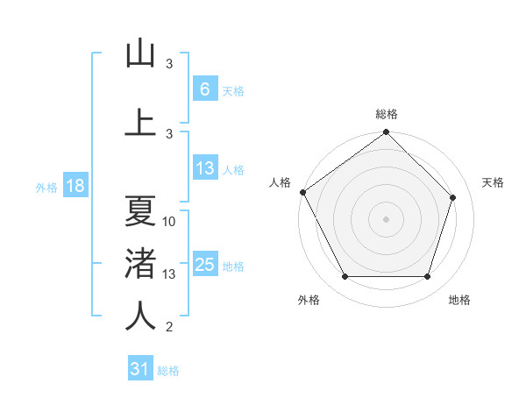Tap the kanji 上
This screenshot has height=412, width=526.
click(x=140, y=122)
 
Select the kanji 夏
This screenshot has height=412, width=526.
click(x=140, y=211)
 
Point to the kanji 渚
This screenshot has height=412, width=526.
click(x=140, y=264)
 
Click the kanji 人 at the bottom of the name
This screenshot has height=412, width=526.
click(x=140, y=316)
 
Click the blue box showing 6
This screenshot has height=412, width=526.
click(x=204, y=89)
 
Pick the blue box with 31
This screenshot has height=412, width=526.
click(x=140, y=369)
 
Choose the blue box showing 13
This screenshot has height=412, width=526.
click(x=204, y=168)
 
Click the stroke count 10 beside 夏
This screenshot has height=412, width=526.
click(x=169, y=222)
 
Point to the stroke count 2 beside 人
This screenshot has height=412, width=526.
click(x=169, y=327)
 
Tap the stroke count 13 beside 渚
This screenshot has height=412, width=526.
click(x=169, y=274)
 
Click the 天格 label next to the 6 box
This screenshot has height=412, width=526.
click(x=233, y=90)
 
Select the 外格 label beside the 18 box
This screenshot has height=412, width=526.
click(x=46, y=188)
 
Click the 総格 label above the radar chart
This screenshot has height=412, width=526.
click(x=387, y=115)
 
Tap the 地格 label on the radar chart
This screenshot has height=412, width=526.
click(x=459, y=300)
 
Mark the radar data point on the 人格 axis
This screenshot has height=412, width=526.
click(x=302, y=192)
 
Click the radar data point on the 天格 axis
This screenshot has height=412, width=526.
click(x=453, y=198)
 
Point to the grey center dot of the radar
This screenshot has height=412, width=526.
click(x=386, y=219)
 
